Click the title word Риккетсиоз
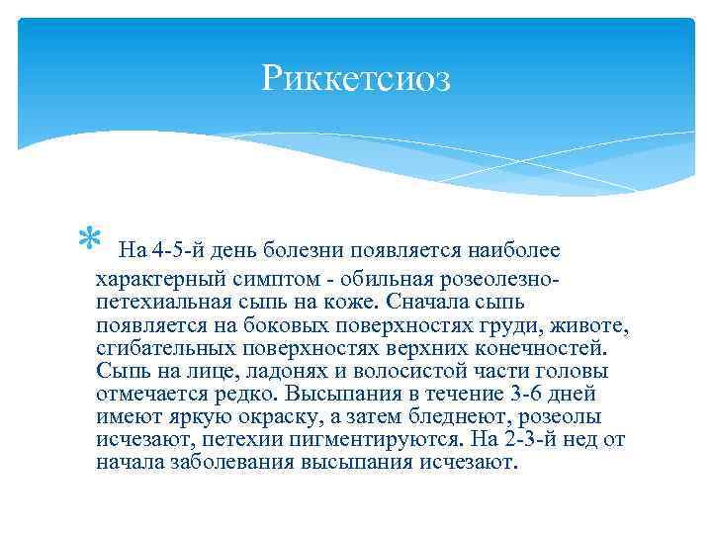click(356, 79)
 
